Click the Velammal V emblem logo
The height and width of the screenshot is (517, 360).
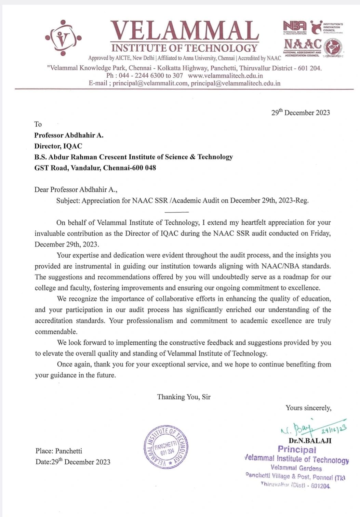[63, 38]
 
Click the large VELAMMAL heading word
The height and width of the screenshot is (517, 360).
[184, 31]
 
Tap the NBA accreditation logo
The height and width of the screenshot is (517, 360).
[295, 27]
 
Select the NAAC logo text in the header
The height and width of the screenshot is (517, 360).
[303, 44]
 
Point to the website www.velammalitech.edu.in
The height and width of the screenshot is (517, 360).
[225, 76]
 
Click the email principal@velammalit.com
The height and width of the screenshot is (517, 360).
[150, 83]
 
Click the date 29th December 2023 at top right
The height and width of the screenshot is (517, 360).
[301, 112]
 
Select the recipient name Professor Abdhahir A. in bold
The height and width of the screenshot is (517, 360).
[69, 135]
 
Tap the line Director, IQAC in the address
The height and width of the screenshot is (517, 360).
[58, 146]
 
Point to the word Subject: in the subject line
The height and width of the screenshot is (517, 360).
[68, 201]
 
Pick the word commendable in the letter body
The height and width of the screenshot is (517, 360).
[56, 332]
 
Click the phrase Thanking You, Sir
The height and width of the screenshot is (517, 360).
[184, 397]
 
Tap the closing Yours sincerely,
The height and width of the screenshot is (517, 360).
[308, 408]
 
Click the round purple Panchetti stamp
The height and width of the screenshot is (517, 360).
[166, 447]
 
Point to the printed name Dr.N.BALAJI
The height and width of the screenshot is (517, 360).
[310, 441]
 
